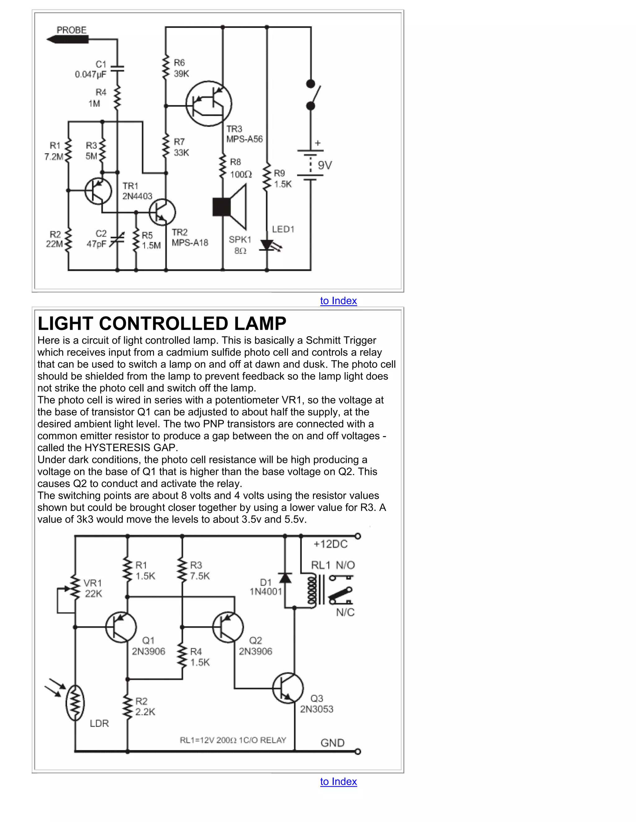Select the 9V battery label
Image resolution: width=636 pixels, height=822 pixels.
(325, 165)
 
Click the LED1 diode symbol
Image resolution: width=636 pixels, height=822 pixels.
(267, 245)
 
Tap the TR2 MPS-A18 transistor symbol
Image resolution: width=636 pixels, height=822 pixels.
(162, 212)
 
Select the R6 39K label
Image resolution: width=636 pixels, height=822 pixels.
(181, 68)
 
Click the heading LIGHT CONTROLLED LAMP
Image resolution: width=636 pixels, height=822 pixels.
(162, 323)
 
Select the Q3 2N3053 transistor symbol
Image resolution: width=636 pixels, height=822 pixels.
(288, 688)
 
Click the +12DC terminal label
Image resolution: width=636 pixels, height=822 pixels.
(330, 544)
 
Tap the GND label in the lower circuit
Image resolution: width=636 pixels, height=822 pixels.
(332, 743)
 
